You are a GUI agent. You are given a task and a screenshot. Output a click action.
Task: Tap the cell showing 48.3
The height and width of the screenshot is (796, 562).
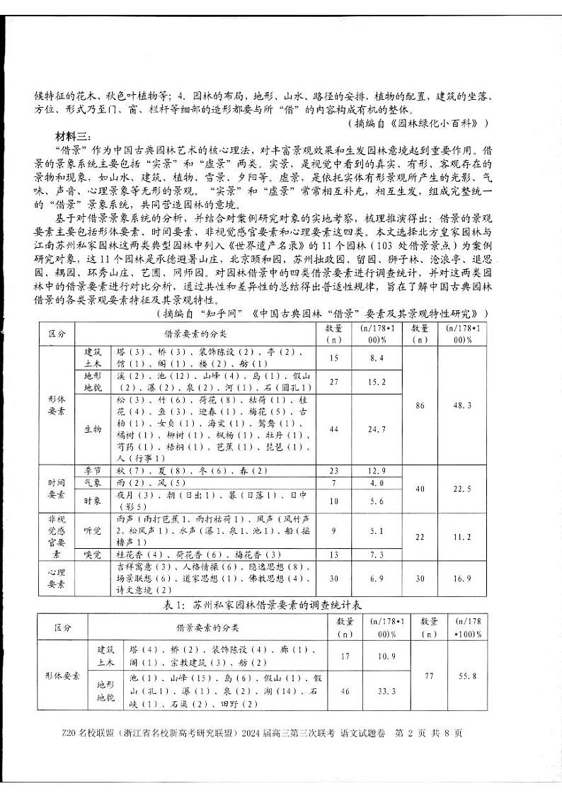[463, 405]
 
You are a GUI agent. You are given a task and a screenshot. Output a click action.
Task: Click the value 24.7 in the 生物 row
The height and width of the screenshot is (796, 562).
[377, 429]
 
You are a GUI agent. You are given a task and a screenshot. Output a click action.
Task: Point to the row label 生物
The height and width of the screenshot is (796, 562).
[93, 429]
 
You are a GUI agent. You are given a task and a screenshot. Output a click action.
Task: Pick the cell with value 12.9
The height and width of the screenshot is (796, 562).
[377, 470]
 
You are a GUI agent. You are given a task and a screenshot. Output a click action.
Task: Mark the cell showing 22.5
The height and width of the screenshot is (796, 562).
[463, 489]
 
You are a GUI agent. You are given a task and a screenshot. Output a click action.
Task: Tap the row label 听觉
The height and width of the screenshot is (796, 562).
[93, 529]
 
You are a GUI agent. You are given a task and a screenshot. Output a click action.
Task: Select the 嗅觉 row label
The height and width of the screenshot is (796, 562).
[93, 554]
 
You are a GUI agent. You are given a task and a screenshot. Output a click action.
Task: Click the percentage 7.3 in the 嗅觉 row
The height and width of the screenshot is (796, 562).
[377, 554]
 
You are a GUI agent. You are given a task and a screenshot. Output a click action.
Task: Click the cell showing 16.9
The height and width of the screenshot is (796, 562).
[463, 578]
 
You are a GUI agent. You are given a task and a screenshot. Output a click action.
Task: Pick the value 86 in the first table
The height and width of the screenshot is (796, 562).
[420, 405]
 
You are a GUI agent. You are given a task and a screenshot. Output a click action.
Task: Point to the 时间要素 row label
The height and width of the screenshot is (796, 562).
[57, 489]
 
